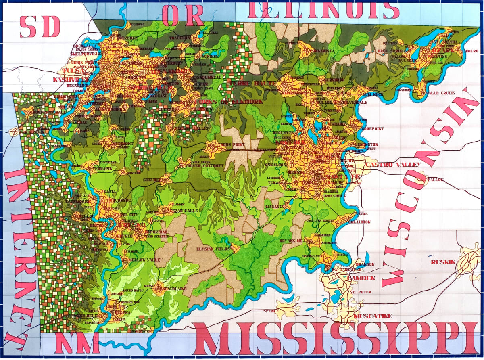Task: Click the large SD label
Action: coord(40,26)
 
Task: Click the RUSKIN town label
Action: coord(442,262)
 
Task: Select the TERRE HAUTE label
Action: coord(246,83)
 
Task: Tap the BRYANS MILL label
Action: coord(293,241)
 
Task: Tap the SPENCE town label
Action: coord(271,311)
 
